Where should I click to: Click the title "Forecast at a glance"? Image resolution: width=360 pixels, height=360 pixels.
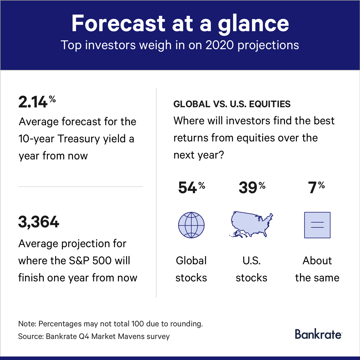coord(180,24)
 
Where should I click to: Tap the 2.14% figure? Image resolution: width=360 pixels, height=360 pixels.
coord(37,102)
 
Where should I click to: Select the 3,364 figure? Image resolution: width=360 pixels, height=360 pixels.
coord(39,222)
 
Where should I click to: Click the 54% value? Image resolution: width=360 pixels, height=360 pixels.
coord(192,187)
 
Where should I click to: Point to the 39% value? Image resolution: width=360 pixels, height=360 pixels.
coord(252,187)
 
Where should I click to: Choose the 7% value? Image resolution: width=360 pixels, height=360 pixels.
coord(316,187)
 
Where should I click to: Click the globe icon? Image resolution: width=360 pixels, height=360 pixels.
coord(191,225)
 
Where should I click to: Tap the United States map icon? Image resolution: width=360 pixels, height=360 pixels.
coord(251,224)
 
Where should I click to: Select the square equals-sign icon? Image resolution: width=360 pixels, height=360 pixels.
coord(317,225)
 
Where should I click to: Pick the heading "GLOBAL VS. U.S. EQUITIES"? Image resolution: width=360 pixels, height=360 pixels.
coord(232,104)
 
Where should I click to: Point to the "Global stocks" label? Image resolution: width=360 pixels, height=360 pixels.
coord(191,269)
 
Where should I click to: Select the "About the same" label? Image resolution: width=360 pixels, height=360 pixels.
coord(317,269)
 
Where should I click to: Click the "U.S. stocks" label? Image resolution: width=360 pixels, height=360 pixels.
coord(251,269)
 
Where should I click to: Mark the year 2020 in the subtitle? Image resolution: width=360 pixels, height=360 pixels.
coord(220,45)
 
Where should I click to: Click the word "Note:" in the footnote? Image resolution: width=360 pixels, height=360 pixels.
coord(27,324)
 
